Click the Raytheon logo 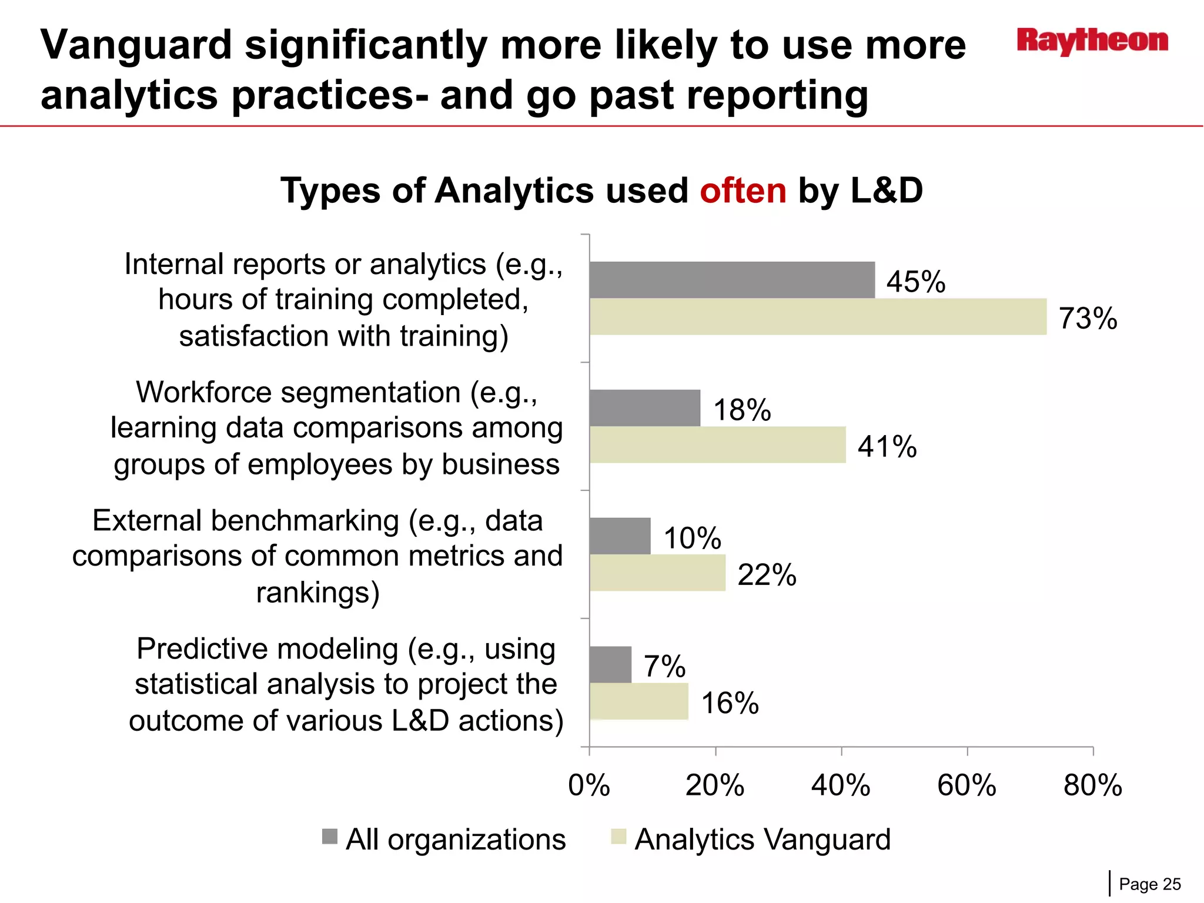point(1092,41)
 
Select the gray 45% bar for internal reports point(732,280)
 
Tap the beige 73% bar point(818,317)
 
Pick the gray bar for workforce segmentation point(645,408)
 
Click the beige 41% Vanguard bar point(717,445)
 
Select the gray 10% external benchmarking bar point(620,536)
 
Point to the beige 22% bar point(657,573)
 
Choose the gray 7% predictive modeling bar point(610,664)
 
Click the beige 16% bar point(638,701)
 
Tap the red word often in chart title point(743,191)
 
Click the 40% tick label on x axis point(841,785)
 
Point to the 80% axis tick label point(1093,785)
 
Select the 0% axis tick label point(589,785)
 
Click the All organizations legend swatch point(330,837)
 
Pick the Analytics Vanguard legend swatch point(618,837)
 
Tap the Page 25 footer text point(1149,884)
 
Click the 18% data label point(742,410)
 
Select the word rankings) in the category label point(318,593)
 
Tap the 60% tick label point(966,785)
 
